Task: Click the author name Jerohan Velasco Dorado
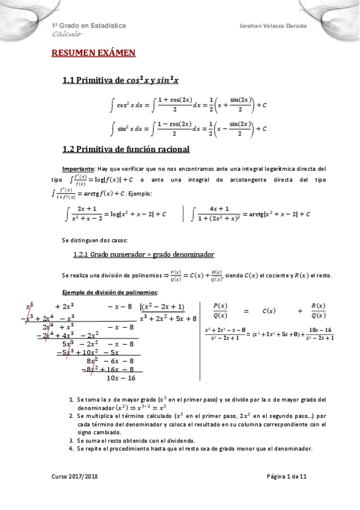pos(273,26)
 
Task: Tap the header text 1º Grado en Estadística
pos(88,26)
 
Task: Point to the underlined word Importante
pos(76,168)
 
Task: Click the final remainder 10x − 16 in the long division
pos(121,378)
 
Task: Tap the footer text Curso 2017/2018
pos(75,476)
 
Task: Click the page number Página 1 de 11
pos(287,476)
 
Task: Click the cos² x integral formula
pos(188,105)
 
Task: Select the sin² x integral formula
pos(188,127)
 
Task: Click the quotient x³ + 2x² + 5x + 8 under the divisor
pos(168,318)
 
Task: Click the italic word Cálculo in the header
pos(66,35)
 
